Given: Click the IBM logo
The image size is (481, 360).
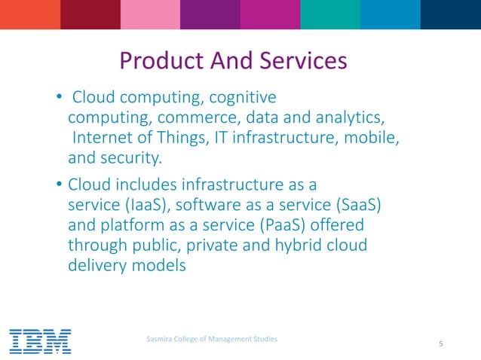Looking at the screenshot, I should [x=40, y=341].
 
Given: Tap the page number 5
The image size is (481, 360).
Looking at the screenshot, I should [x=440, y=345].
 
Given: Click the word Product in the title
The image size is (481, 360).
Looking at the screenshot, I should [x=158, y=59].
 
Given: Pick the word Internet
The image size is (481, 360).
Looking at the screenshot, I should [x=103, y=139].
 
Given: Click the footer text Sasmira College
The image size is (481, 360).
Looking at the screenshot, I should [x=211, y=340].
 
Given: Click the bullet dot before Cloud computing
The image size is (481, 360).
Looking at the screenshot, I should [x=58, y=98].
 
